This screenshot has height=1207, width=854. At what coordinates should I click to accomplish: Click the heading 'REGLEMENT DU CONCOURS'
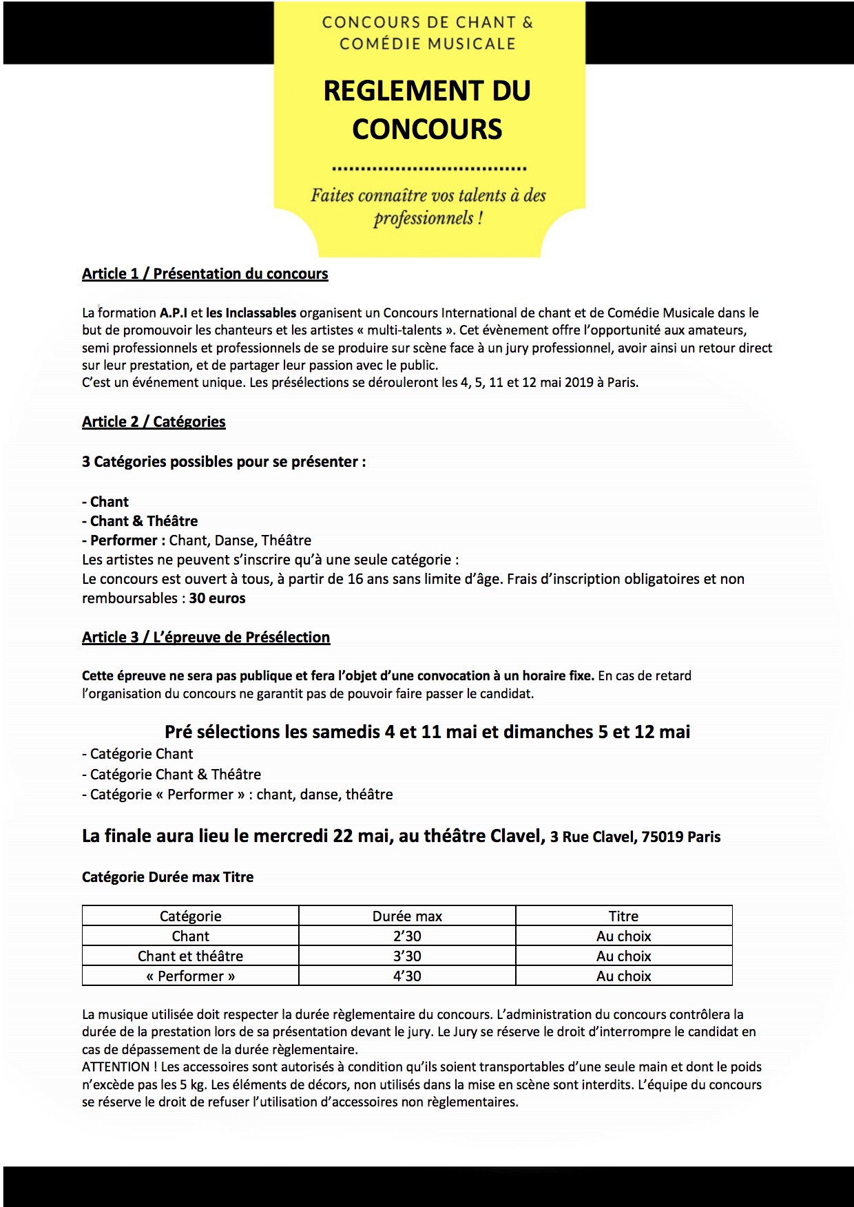pos(427,110)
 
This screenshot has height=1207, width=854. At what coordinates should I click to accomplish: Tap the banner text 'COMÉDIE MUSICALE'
pos(427,44)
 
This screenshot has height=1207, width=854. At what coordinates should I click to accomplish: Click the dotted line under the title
pos(429,168)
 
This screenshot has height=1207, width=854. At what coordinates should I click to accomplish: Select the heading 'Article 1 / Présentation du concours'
pos(205,274)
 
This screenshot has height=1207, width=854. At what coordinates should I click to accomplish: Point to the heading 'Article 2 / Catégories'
pos(154,422)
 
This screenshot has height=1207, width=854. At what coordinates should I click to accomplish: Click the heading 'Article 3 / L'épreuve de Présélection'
pos(206,638)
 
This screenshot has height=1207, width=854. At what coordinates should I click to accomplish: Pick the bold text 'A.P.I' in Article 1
pos(174,313)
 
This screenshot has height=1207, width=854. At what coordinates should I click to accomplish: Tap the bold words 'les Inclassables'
pos(251,313)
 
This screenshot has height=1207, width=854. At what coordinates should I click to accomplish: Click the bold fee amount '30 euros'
pos(217,598)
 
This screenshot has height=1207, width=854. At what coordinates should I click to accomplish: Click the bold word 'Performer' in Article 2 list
pos(124,540)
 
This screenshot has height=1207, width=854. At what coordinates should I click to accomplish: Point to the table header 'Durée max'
pos(407,916)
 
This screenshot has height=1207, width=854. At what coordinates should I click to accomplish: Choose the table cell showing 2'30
pos(407,936)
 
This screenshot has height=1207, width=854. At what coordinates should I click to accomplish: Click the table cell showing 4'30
pos(407,976)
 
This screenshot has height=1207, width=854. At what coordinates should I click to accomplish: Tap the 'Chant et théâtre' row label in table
pos(190,956)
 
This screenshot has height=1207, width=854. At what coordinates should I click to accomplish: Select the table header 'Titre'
pos(623,916)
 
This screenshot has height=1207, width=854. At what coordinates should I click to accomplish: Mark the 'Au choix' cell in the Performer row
pos(623,976)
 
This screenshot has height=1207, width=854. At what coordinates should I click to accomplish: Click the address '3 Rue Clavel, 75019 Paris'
pos(635,837)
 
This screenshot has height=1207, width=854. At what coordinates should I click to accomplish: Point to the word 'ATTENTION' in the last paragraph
pos(116,1067)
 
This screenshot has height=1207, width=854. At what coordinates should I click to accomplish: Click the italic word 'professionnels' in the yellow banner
pos(424,219)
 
